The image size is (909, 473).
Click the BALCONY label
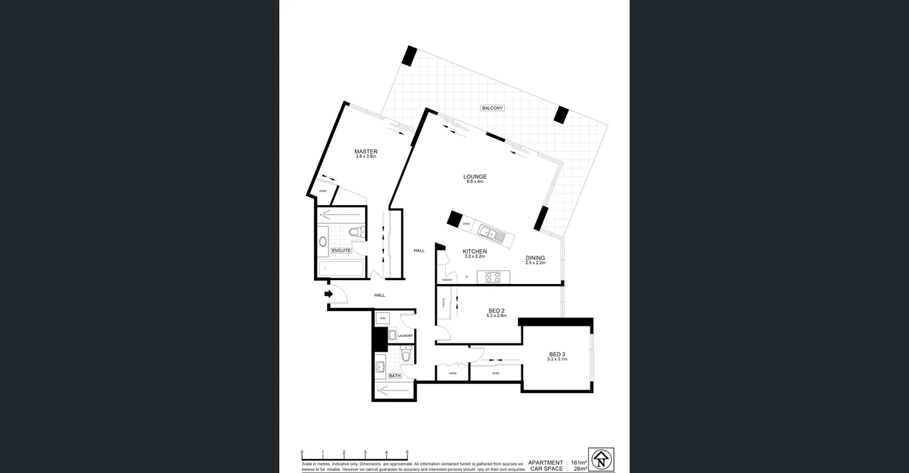tap(492, 108)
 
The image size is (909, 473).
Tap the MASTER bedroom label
tap(366, 152)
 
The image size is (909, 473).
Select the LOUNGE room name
tap(475, 177)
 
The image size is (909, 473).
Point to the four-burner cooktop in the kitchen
tap(493, 277)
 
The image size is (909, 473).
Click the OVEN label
tap(466, 224)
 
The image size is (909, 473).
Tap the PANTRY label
tap(447, 280)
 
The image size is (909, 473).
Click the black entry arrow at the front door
tap(328, 294)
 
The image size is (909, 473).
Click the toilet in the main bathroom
tap(406, 355)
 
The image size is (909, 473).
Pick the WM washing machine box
tap(383, 318)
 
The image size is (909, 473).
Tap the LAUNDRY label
tap(405, 336)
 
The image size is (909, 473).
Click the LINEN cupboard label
tap(453, 373)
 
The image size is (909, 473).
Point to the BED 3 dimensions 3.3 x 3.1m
tap(557, 359)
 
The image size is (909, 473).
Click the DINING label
tap(535, 258)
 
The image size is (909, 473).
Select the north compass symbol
tap(601, 459)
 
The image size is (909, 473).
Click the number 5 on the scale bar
tap(407, 453)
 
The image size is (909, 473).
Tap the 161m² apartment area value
tap(579, 463)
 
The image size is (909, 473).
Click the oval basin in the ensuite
tap(323, 242)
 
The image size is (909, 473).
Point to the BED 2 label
tap(496, 311)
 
